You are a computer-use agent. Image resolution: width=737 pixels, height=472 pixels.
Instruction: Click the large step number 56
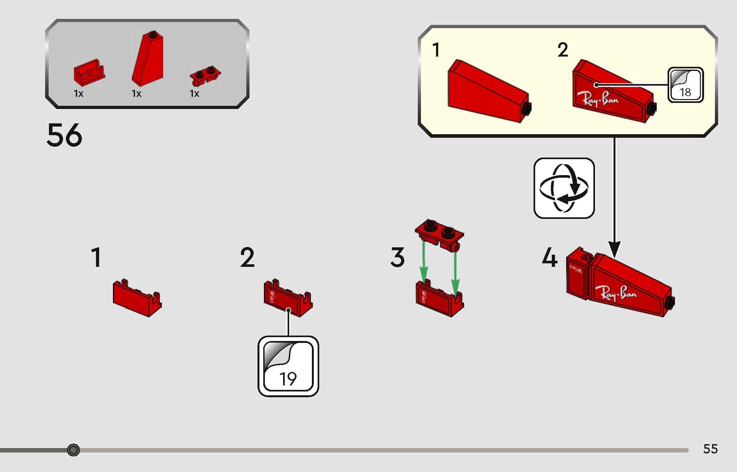click(64, 135)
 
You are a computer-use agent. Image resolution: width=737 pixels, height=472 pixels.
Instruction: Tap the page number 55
click(710, 449)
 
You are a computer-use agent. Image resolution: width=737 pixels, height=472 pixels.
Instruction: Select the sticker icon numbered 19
click(288, 366)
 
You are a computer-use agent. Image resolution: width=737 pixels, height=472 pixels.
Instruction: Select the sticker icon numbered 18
click(685, 85)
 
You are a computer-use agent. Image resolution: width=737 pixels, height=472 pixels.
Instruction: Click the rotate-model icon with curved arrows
click(564, 188)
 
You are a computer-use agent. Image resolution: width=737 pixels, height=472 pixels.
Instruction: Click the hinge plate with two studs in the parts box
click(205, 75)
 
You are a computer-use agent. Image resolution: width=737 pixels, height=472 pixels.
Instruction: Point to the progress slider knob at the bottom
click(74, 450)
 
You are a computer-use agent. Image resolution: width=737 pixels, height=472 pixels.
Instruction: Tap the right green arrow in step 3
click(455, 272)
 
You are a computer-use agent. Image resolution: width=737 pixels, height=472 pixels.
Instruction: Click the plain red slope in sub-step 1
click(488, 93)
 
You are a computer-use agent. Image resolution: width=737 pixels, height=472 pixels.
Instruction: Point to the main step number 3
click(398, 257)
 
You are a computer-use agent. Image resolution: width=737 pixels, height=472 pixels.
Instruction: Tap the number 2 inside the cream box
click(562, 50)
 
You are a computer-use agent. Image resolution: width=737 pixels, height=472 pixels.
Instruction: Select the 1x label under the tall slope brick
click(137, 94)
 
